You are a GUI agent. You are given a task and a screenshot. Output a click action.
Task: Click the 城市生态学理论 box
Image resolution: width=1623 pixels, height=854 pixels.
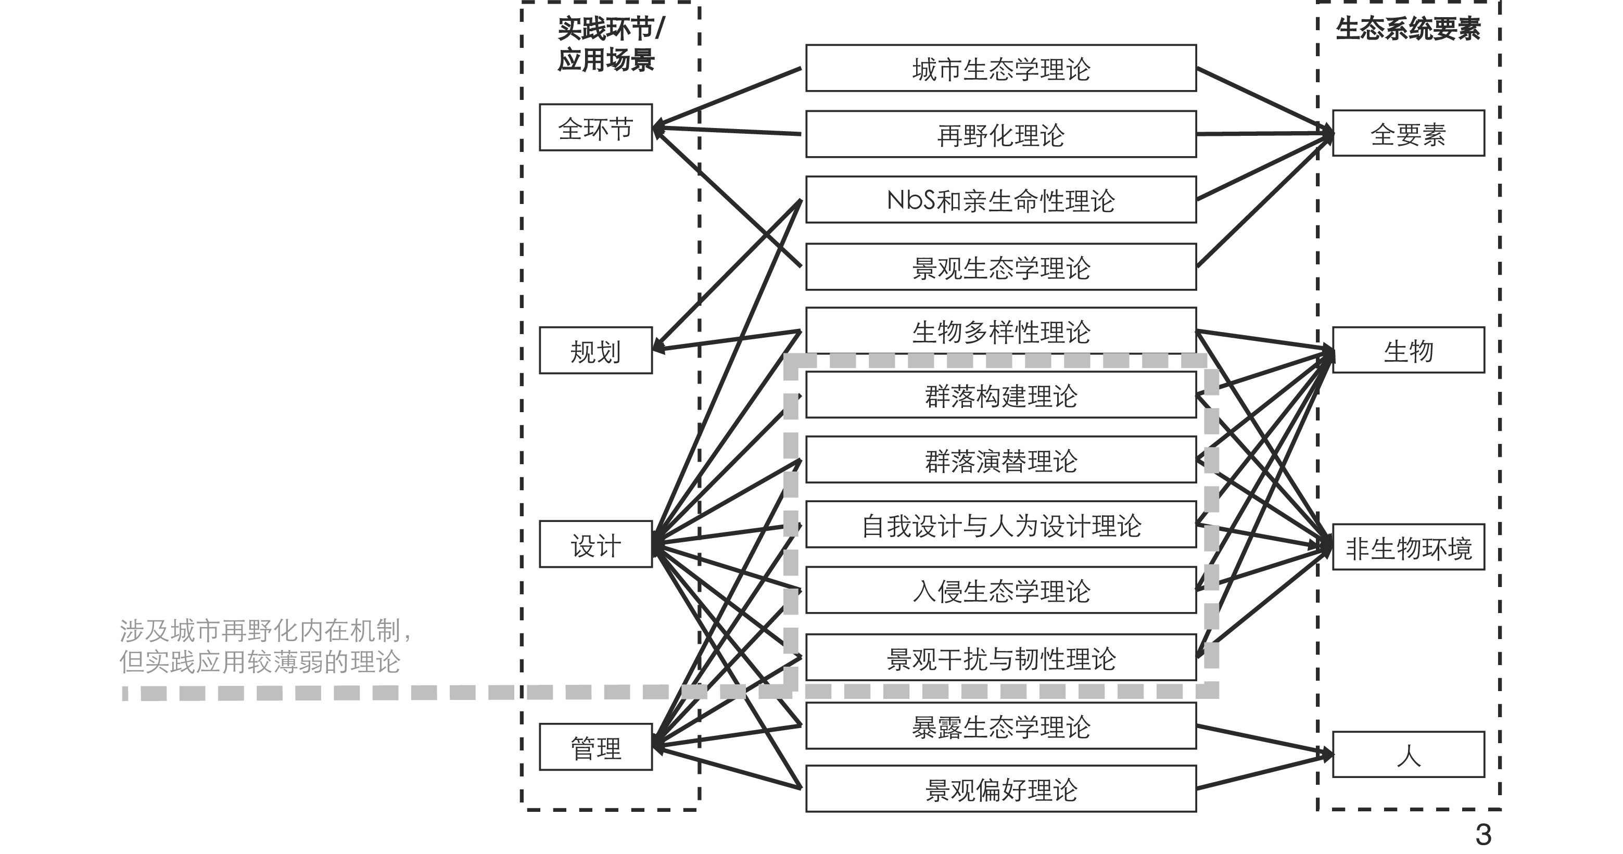point(1000,68)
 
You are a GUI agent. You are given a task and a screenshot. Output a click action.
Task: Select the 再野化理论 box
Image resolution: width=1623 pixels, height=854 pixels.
point(1000,134)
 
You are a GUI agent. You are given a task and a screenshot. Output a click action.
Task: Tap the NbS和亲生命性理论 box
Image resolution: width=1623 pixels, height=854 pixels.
point(1000,200)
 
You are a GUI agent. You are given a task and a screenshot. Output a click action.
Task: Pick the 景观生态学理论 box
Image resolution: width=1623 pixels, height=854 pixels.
point(1000,267)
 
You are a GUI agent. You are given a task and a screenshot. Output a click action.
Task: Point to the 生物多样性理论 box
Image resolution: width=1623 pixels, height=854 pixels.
point(1000,330)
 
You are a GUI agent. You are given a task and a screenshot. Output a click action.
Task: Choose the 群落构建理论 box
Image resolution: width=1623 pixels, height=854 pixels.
point(1000,395)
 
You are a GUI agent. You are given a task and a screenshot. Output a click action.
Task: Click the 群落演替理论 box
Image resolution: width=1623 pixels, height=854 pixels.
point(1000,460)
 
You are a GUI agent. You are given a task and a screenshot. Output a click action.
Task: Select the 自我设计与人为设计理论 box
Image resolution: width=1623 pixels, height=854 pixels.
point(1000,525)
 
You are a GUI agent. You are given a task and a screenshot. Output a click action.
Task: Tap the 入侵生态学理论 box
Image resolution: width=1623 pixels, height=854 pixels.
point(1000,590)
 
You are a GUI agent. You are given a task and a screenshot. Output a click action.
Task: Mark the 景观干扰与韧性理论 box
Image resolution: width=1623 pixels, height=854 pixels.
point(1000,657)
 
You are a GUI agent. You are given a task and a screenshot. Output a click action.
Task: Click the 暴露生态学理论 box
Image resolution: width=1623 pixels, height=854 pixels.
point(1000,725)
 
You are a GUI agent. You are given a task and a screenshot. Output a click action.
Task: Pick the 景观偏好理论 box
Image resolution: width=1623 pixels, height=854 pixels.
point(1000,788)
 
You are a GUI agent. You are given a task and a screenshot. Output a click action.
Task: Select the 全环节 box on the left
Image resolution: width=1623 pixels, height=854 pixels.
point(595,128)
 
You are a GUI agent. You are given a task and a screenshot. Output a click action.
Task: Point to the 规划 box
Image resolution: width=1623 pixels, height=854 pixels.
point(595,351)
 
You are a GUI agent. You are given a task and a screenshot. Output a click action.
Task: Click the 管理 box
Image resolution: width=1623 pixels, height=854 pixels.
point(595,747)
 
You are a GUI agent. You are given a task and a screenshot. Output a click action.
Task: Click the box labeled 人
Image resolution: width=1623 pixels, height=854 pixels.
point(1408,755)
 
